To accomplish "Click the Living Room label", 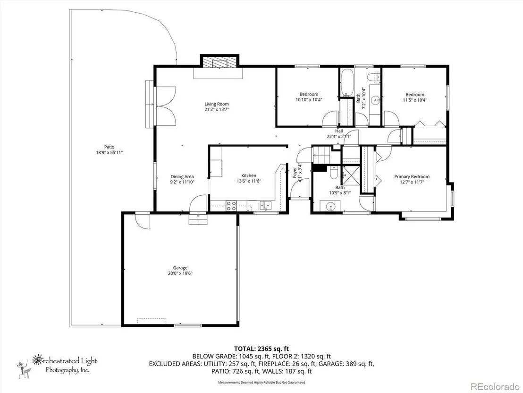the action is (217, 104).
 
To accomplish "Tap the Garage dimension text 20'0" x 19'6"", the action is (180, 273).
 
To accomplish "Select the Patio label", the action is (109, 147).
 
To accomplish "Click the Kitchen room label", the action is (249, 175).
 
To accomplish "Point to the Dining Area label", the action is (182, 176).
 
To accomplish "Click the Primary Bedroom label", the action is (412, 176).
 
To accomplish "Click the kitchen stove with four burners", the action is (231, 206).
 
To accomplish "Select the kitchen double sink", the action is (266, 206).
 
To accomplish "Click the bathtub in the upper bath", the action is (347, 83).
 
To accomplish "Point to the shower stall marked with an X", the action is (350, 175).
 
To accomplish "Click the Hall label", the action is (339, 131).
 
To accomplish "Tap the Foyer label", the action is (295, 173).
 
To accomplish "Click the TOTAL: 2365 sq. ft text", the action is (261, 349).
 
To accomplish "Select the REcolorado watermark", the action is (494, 386).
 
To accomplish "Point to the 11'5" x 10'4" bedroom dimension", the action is (415, 100).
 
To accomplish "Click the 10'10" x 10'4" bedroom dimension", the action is (309, 100).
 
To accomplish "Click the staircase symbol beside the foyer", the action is (321, 155).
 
